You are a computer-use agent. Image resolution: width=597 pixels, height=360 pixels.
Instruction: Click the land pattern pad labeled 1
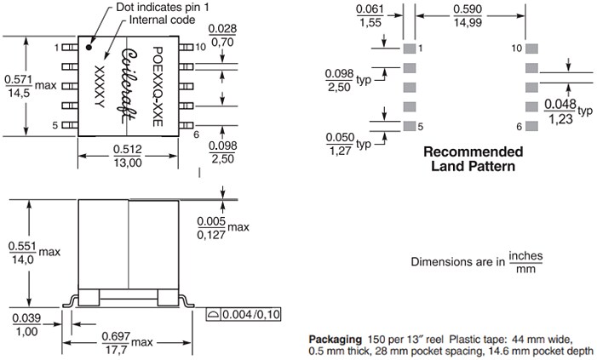[409, 49]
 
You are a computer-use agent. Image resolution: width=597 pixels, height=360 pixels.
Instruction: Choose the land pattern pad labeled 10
[533, 49]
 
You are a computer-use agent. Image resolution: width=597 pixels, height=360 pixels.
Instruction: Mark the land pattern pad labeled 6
[533, 126]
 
